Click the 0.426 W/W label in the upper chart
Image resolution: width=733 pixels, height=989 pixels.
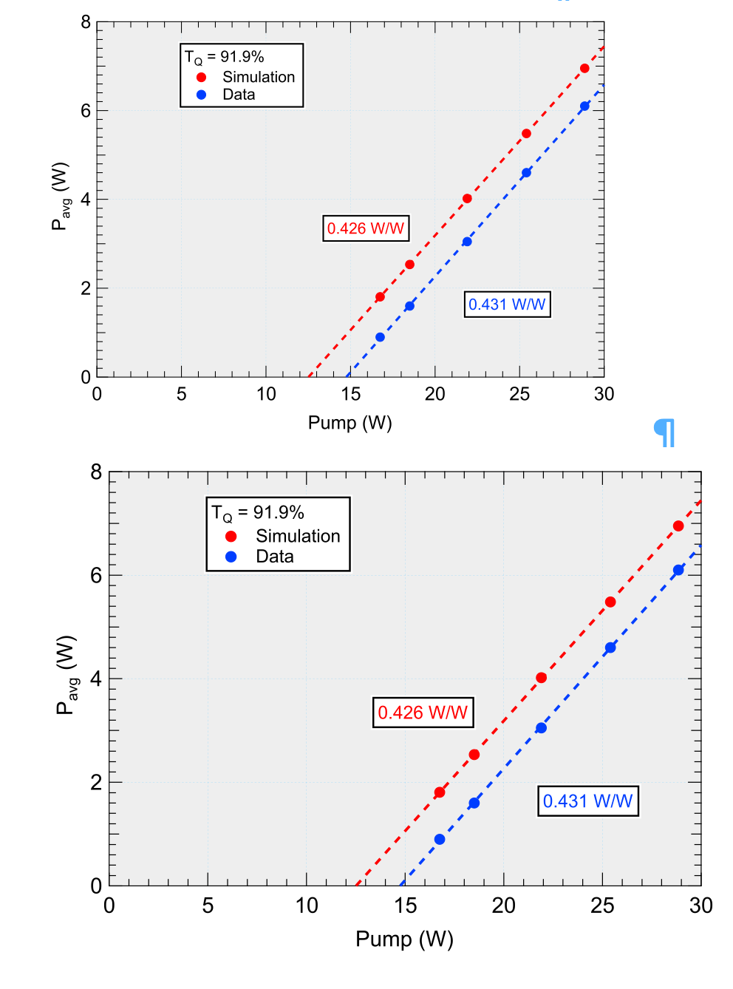point(366,228)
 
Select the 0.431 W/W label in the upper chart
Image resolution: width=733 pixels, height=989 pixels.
point(507,305)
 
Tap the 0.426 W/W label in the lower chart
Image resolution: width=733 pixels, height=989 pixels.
point(423,713)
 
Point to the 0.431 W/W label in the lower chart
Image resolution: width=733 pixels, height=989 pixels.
point(587,801)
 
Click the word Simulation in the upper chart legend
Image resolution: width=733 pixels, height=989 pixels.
point(259,77)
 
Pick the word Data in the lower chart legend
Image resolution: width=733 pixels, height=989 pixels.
point(275,557)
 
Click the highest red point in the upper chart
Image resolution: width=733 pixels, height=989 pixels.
point(584,69)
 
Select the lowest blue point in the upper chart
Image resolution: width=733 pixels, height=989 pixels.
point(380,337)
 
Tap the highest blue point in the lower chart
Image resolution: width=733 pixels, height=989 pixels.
point(678,570)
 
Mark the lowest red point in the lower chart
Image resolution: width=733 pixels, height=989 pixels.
point(440,792)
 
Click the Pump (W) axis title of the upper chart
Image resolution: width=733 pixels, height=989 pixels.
point(350,423)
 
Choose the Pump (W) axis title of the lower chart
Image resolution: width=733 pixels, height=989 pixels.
point(404,939)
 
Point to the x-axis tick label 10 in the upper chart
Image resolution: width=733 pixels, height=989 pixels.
point(266,394)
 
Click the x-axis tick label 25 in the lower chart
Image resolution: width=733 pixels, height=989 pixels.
point(602,905)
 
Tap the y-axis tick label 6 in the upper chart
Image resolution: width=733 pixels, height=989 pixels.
point(86,111)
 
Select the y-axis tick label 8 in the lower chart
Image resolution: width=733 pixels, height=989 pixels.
point(96,472)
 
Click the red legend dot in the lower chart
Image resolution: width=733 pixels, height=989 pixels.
point(231,537)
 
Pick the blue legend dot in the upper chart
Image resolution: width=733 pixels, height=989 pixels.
point(201,95)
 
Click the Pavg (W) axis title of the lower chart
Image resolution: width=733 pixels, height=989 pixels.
point(67,674)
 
